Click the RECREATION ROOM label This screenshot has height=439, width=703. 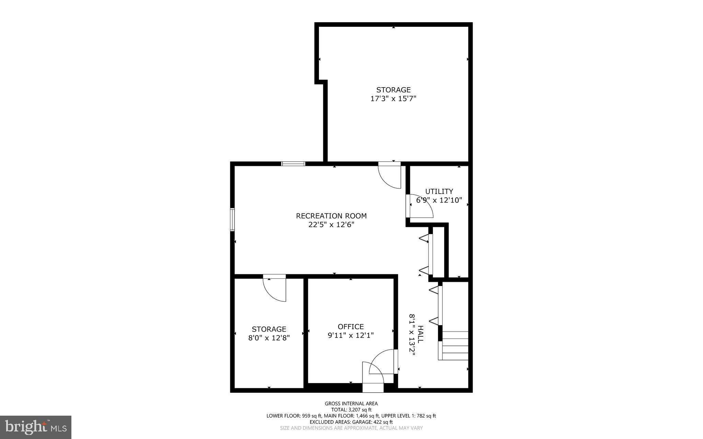[331, 216]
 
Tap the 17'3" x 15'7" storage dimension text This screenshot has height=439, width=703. [393, 99]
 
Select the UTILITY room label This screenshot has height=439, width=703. [439, 192]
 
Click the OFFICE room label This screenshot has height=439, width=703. [350, 326]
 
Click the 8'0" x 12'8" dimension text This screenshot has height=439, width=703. [269, 338]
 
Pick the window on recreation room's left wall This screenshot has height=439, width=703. [232, 220]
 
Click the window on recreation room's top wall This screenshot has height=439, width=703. [293, 164]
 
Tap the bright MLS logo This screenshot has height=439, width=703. [36, 427]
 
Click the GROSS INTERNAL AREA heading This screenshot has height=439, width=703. [351, 404]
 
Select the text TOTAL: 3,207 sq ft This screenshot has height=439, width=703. [351, 409]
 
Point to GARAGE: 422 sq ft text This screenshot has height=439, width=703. [371, 422]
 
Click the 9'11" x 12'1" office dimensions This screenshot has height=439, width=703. [350, 335]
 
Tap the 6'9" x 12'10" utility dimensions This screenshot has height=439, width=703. [439, 200]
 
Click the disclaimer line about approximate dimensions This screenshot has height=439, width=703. [351, 428]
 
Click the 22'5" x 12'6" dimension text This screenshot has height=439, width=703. [331, 225]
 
